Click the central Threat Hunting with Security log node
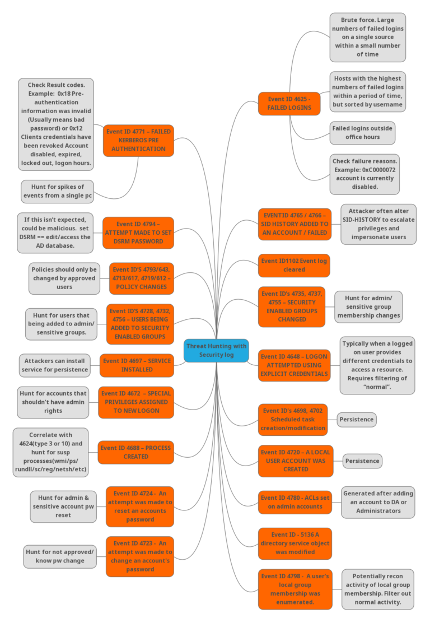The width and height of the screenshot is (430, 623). tap(216, 350)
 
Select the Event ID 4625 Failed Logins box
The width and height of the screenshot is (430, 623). tap(289, 104)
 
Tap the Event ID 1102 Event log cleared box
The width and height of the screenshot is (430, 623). tap(294, 265)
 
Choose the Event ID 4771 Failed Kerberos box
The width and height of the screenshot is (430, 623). tap(138, 140)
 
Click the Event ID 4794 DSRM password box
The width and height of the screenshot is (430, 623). tap(138, 233)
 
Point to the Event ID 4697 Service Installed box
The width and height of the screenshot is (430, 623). tap(137, 365)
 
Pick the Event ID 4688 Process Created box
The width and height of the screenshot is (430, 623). tap(135, 452)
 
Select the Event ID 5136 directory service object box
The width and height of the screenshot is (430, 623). tap(295, 543)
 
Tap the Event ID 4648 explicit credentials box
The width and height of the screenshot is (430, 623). tap(294, 365)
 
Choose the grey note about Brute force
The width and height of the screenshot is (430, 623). tap(367, 37)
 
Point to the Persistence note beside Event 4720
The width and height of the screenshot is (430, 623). tap(362, 461)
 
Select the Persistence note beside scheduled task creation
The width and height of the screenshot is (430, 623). tap(356, 419)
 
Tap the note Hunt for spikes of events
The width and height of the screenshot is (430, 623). tap(57, 192)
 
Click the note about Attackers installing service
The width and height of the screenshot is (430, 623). tap(55, 365)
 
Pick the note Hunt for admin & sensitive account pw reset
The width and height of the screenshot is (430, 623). tap(63, 506)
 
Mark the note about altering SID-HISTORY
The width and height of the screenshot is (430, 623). tap(378, 224)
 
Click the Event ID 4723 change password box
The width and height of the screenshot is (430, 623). tap(139, 556)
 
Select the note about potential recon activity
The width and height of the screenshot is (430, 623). tap(378, 589)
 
